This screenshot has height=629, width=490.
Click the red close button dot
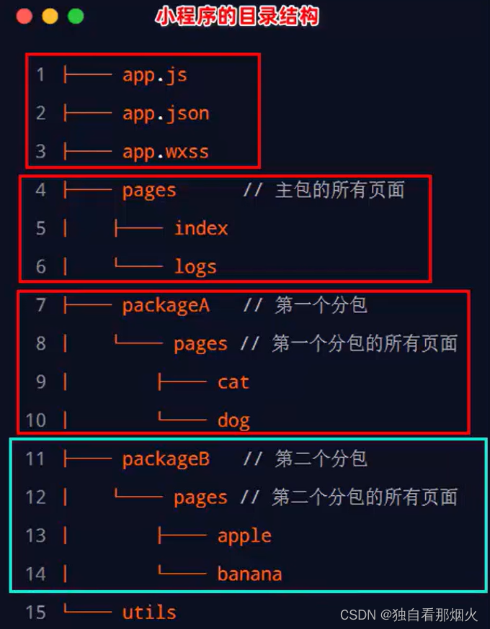coord(24,17)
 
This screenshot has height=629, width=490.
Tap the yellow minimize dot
coord(50,17)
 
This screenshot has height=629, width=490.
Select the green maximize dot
coord(76,17)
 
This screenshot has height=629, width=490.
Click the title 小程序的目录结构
coord(237,17)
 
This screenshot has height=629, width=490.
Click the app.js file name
coord(154,75)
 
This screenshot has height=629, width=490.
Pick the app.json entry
coord(166,113)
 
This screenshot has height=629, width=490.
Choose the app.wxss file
coord(166,152)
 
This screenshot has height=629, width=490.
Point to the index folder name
coord(201,228)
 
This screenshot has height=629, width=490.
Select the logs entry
coord(195,267)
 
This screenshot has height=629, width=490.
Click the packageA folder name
coord(166,305)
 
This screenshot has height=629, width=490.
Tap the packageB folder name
coord(166,459)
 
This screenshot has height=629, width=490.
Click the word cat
coord(233,382)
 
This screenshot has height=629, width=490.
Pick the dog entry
coord(233,420)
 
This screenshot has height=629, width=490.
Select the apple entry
coord(244,536)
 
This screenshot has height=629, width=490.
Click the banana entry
coord(249,574)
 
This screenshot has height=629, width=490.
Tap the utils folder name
coord(149,612)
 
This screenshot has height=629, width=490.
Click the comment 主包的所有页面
coord(340,190)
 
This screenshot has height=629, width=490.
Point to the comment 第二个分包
coord(321,459)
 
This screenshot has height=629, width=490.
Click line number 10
coord(35,420)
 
